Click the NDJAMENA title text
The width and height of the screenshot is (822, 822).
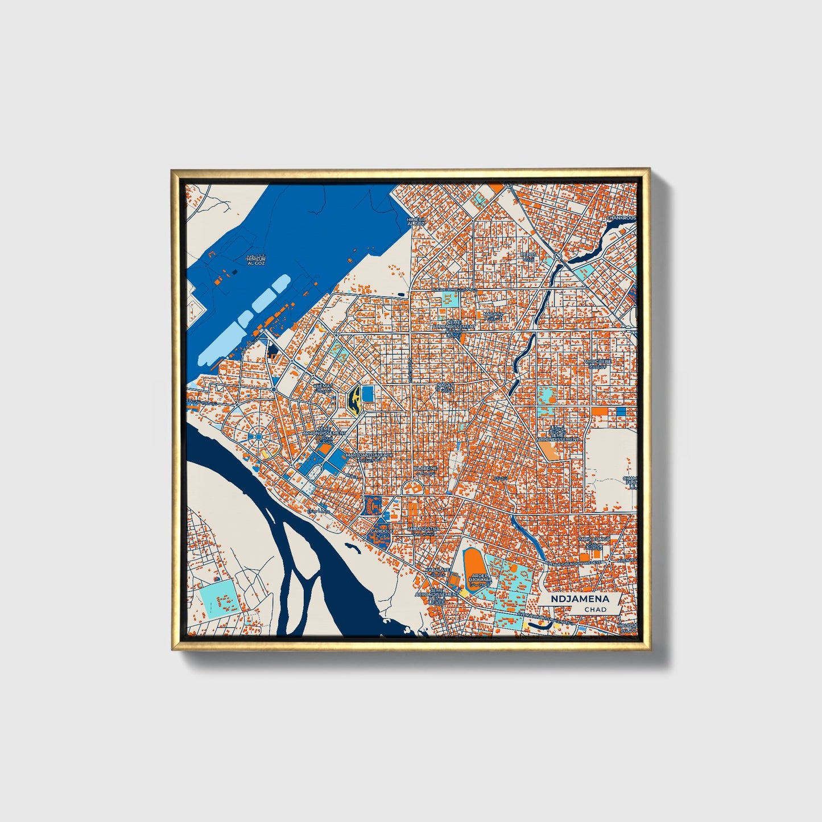pos(580,598)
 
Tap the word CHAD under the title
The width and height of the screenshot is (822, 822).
pos(595,609)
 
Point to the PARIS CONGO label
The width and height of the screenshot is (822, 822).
pos(593,539)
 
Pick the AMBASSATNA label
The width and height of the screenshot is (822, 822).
pos(423,529)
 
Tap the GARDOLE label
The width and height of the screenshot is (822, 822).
pos(380,532)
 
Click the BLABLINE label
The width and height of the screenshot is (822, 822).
pos(426,469)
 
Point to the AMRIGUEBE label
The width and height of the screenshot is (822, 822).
pos(597,361)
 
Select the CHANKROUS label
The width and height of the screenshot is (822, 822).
pos(621,218)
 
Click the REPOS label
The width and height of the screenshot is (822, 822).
pos(528,255)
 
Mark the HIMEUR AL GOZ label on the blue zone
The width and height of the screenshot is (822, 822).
pos(255,261)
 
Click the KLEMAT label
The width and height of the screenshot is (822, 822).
pos(323,385)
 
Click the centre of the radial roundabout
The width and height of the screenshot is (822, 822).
pos(258,436)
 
